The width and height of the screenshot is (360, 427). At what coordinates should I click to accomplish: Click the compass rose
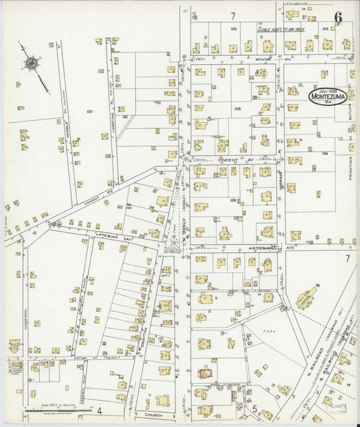[30, 64]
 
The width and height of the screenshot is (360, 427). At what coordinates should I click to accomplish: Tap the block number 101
[90, 111]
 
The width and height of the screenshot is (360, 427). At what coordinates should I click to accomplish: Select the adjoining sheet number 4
[99, 410]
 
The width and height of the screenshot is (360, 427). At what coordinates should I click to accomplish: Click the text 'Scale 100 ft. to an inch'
[283, 29]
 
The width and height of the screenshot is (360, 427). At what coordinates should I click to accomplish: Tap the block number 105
[237, 108]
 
